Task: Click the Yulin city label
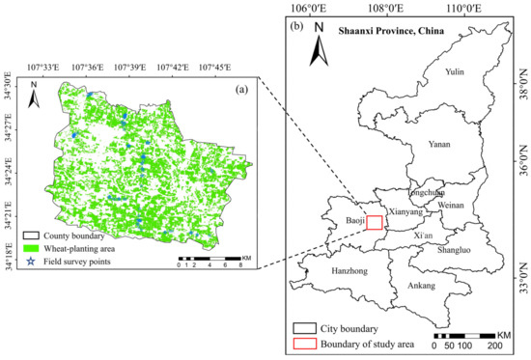(456, 71)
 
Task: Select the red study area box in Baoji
(375, 222)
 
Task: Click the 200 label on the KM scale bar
(494, 345)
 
